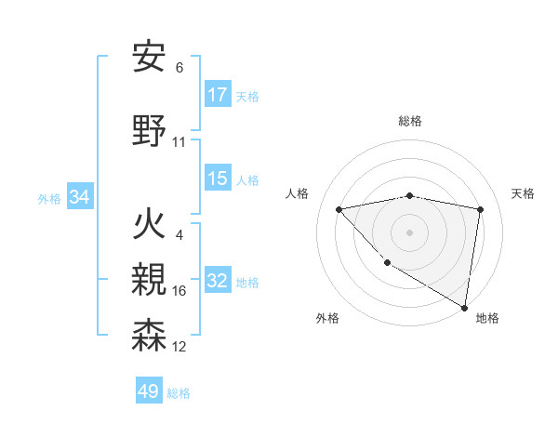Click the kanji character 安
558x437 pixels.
click(x=150, y=57)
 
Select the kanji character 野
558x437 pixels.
click(x=150, y=131)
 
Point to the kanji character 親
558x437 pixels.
click(x=150, y=280)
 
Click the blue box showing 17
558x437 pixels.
click(x=218, y=95)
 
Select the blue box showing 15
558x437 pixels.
click(x=218, y=179)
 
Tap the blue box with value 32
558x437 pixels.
click(x=218, y=281)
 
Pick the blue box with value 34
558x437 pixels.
click(x=79, y=197)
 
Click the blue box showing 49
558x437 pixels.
click(x=149, y=391)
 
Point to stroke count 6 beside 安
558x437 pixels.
click(x=179, y=67)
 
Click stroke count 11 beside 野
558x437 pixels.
click(x=179, y=142)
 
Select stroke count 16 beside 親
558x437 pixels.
click(x=179, y=291)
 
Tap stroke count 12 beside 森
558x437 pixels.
click(x=179, y=347)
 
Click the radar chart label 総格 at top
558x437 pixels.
click(x=410, y=121)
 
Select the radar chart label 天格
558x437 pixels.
click(x=523, y=193)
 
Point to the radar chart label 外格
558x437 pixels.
click(x=327, y=318)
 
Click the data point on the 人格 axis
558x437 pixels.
click(x=339, y=209)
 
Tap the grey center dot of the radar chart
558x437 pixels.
click(x=409, y=232)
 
